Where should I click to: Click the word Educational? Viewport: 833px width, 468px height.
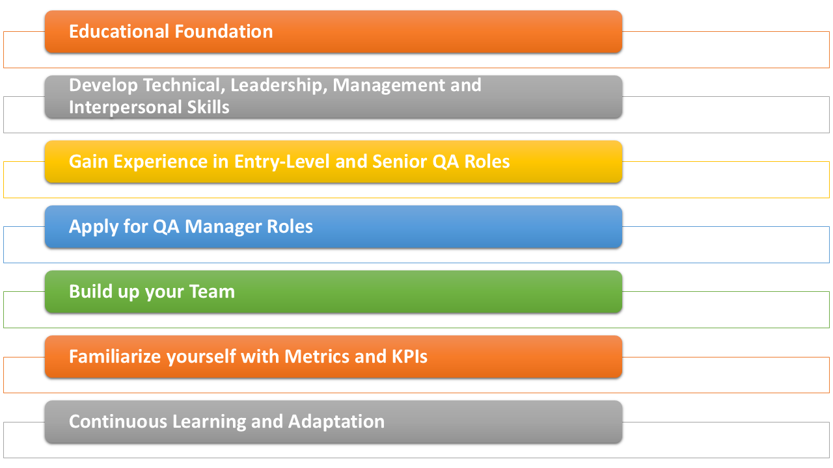[x=119, y=31]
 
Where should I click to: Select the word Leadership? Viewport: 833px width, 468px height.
[x=279, y=85]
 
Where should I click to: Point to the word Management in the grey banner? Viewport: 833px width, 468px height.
[x=389, y=85]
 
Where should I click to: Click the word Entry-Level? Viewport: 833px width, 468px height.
[x=282, y=162]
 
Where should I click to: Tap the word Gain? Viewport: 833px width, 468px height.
[x=89, y=161]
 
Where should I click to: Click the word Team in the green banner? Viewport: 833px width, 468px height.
[x=212, y=291]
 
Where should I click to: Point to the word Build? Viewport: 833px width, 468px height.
[x=90, y=291]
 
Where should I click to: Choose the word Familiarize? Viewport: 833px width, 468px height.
[x=115, y=357]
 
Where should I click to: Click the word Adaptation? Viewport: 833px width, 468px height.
[x=336, y=422]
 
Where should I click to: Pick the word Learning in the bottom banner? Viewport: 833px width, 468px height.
[x=209, y=422]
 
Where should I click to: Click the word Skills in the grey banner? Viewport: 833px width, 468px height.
[x=208, y=107]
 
